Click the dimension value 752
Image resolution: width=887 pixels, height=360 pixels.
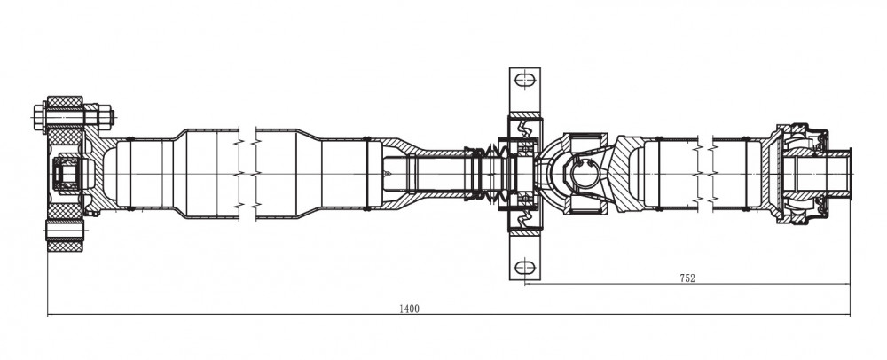pos(687,278)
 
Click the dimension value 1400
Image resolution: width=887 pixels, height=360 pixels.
pos(410,309)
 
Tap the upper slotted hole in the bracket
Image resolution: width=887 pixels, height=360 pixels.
pos(525,80)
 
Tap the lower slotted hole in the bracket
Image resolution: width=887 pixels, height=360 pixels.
pos(525,266)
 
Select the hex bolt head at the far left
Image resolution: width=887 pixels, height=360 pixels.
pos(40,118)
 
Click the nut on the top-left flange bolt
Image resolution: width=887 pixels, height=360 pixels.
pos(106,117)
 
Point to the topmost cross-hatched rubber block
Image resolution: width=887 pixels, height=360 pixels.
pos(65,102)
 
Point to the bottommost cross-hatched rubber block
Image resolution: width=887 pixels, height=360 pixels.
pos(65,246)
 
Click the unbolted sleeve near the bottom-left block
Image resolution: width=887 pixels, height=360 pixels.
pos(65,230)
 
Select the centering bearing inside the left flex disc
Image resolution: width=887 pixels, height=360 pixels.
pos(67,174)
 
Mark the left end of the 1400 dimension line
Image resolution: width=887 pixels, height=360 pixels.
pos(48,314)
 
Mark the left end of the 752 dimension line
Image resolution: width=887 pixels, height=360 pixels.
pos(525,285)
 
